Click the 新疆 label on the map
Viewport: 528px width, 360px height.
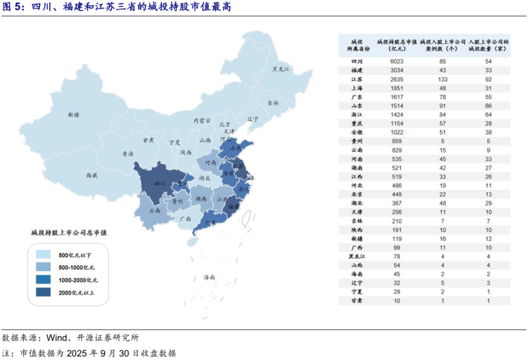click(x=74, y=115)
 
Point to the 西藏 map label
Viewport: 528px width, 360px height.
click(x=91, y=175)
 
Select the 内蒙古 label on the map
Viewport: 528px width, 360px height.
click(x=202, y=120)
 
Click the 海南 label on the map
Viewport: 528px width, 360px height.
click(x=210, y=276)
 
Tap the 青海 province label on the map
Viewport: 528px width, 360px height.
click(x=128, y=154)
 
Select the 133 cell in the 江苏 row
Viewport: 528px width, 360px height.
click(x=442, y=79)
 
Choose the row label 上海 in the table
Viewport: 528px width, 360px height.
click(x=357, y=88)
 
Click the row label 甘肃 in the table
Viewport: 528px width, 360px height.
click(x=357, y=301)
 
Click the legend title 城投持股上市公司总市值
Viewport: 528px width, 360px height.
click(x=69, y=233)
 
